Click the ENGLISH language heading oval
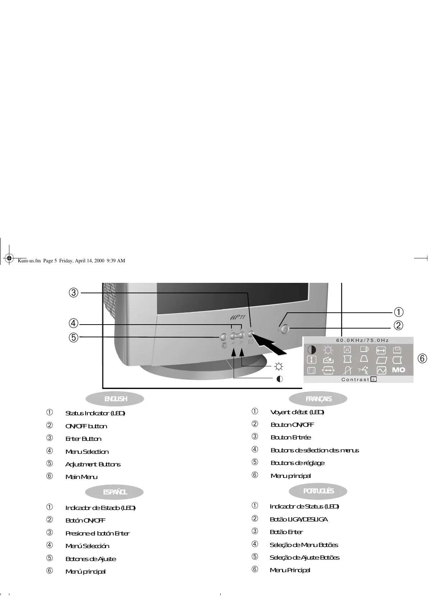[115, 399]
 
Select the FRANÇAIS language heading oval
[318, 399]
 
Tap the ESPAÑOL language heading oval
[115, 492]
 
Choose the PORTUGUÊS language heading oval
[318, 491]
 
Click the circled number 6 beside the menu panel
[422, 358]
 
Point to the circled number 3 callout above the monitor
[73, 293]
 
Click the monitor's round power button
[285, 329]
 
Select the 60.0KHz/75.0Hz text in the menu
[362, 340]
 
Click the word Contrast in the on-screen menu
[355, 379]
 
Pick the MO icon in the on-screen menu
[398, 370]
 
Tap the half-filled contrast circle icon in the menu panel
[312, 349]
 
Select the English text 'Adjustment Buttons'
[93, 464]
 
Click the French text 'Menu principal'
[290, 476]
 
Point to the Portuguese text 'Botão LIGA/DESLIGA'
[298, 519]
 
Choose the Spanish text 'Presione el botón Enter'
[97, 533]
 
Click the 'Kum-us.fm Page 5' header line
[71, 261]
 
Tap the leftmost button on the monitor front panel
[222, 337]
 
